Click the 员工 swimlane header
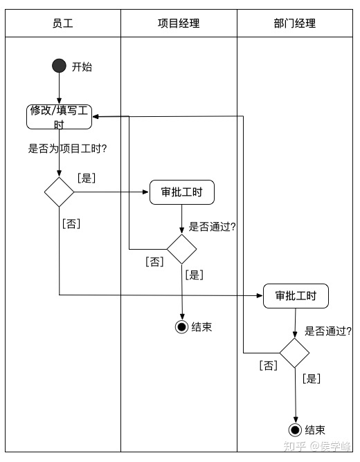62,24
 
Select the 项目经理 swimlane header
179,24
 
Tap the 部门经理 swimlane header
295,24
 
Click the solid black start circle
60,66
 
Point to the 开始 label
82,67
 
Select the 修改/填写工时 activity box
60,116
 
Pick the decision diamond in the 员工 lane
60,192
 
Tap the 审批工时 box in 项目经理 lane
182,192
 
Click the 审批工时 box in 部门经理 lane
296,296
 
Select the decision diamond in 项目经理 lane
182,249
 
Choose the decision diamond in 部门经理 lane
295,353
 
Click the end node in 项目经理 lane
182,327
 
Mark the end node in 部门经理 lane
296,429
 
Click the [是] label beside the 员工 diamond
87,178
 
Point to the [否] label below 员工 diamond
71,223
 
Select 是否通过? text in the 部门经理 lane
327,331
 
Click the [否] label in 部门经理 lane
268,364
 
